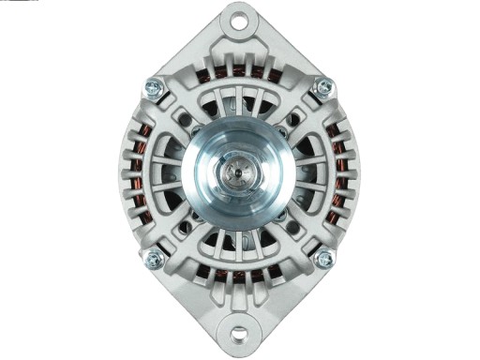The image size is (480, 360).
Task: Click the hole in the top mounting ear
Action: pos(241,18)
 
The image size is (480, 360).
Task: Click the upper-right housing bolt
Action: pos(323,87)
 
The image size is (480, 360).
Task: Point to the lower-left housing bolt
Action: pos(157,258)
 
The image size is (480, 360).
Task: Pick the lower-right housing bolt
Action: pos(324,258)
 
